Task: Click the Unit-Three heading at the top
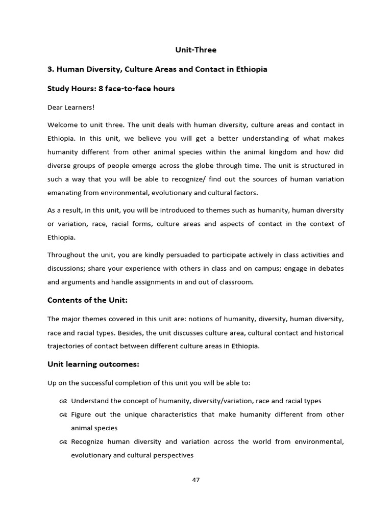point(196,50)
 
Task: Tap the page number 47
point(196,480)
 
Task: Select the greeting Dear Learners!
point(71,107)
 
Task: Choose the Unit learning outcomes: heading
point(93,364)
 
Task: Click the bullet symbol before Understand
point(63,401)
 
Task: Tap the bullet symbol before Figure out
point(63,415)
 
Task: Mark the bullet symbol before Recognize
point(63,442)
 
